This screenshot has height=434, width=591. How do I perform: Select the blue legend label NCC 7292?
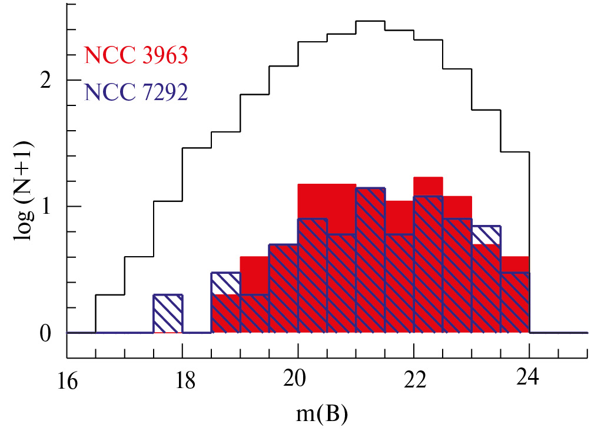pyautogui.click(x=136, y=92)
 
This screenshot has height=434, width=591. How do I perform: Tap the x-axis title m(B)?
pyautogui.click(x=323, y=414)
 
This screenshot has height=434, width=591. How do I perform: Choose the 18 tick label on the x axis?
pyautogui.click(x=185, y=382)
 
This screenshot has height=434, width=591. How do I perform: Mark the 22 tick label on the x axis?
pyautogui.click(x=415, y=382)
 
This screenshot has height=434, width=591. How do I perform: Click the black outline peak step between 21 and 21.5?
pyautogui.click(x=371, y=21)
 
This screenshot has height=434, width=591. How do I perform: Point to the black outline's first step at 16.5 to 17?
pyautogui.click(x=110, y=295)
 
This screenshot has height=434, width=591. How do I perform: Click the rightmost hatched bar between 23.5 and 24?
pyautogui.click(x=515, y=303)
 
